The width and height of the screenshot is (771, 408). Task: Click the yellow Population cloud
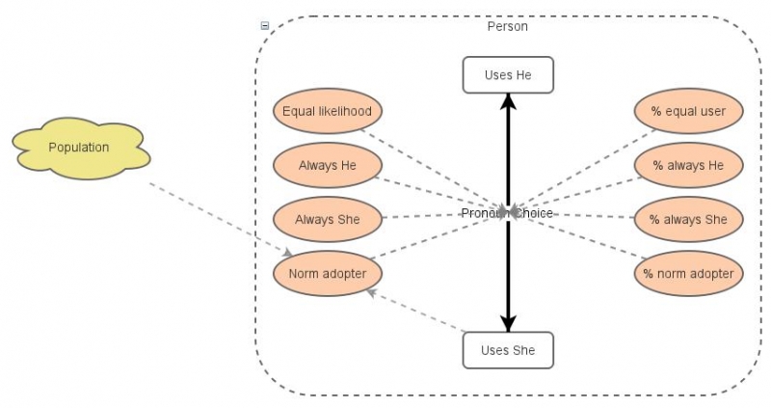pyautogui.click(x=79, y=148)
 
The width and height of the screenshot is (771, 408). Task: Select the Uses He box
pyautogui.click(x=508, y=74)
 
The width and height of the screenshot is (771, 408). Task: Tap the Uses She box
pyautogui.click(x=508, y=349)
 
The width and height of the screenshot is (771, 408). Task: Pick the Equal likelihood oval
pyautogui.click(x=328, y=111)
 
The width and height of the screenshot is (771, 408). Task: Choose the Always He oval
pyautogui.click(x=328, y=165)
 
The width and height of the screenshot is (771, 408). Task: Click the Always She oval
pyautogui.click(x=328, y=219)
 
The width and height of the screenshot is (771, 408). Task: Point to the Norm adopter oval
pyautogui.click(x=328, y=273)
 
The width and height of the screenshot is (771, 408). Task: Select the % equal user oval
pyautogui.click(x=688, y=111)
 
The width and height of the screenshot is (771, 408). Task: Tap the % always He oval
pyautogui.click(x=688, y=165)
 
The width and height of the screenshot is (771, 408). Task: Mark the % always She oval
pyautogui.click(x=688, y=219)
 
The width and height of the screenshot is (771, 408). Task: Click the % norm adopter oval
pyautogui.click(x=688, y=273)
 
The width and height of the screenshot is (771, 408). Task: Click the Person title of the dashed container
pyautogui.click(x=508, y=26)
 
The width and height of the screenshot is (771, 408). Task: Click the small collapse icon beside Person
pyautogui.click(x=265, y=26)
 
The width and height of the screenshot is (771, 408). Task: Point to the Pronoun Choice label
pyautogui.click(x=507, y=212)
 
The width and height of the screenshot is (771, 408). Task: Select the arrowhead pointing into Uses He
pyautogui.click(x=508, y=100)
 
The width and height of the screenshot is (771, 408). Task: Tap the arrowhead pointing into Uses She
pyautogui.click(x=508, y=324)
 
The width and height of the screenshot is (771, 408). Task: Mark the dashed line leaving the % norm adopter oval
pyautogui.click(x=588, y=240)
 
